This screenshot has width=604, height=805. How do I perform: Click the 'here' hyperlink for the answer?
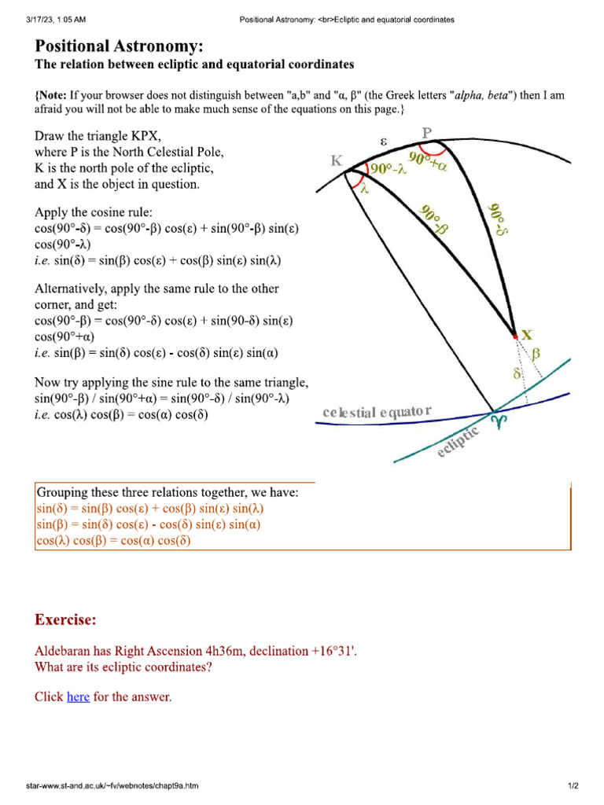click(78, 697)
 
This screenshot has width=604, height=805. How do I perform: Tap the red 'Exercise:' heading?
click(65, 620)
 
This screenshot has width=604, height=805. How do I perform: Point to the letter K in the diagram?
click(337, 160)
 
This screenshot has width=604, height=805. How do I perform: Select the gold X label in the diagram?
click(528, 334)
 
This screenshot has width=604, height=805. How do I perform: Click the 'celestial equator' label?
click(377, 412)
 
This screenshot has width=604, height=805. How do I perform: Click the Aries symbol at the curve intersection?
click(498, 422)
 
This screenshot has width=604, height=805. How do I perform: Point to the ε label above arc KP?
click(384, 142)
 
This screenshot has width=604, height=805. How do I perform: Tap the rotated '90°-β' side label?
click(434, 219)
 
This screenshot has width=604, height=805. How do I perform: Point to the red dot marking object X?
click(515, 336)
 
